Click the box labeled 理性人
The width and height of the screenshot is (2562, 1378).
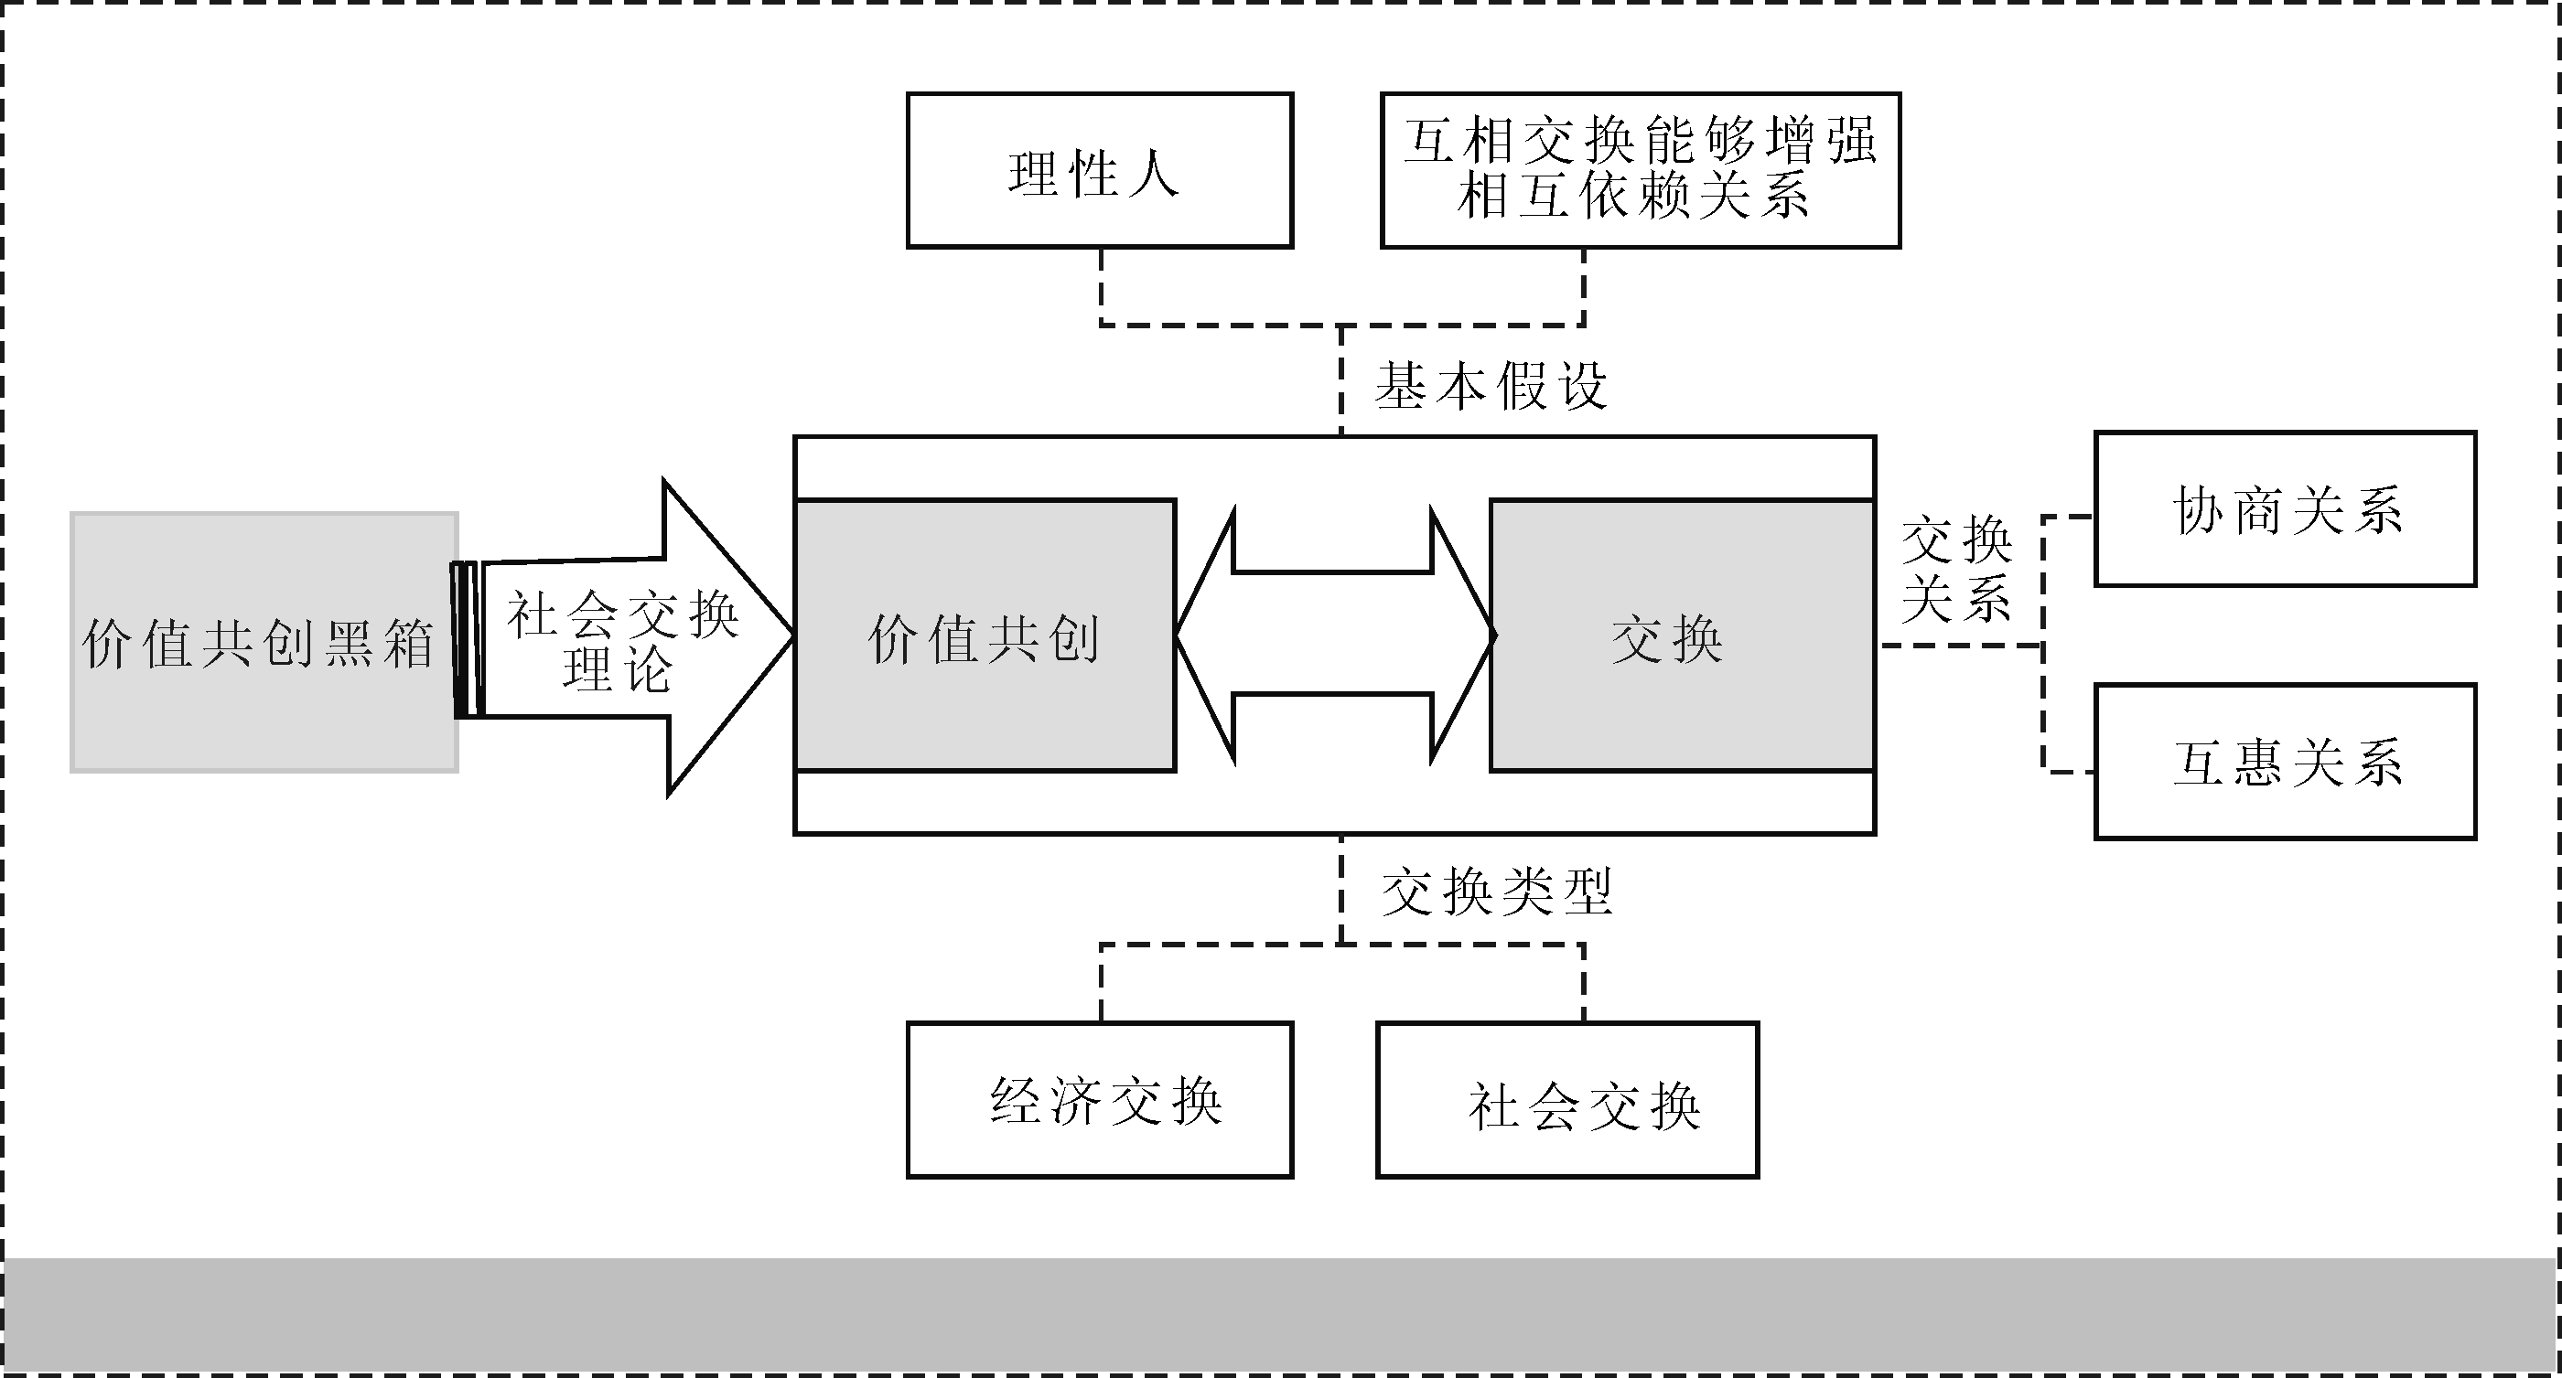point(1099,171)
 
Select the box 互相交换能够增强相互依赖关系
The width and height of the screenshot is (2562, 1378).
point(1640,170)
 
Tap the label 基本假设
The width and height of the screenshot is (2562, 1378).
point(1491,386)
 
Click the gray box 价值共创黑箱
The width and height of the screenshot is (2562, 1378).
point(264,642)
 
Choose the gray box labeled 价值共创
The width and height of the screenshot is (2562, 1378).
point(985,636)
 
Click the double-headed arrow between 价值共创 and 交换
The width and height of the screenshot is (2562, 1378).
point(1334,635)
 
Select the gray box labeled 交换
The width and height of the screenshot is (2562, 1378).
point(1682,636)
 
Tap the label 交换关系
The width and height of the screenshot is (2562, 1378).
point(1956,570)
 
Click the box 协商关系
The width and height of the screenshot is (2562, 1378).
point(2286,510)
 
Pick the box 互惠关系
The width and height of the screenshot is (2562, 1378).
point(2286,763)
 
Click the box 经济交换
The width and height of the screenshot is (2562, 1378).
point(1099,1101)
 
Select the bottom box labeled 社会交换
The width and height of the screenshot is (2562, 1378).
point(1567,1101)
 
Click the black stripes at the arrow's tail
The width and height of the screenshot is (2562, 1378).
point(467,639)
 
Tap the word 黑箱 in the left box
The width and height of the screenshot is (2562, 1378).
point(378,645)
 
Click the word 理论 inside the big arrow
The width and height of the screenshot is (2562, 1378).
point(617,669)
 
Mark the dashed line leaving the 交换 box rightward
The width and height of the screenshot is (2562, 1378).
point(1959,646)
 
